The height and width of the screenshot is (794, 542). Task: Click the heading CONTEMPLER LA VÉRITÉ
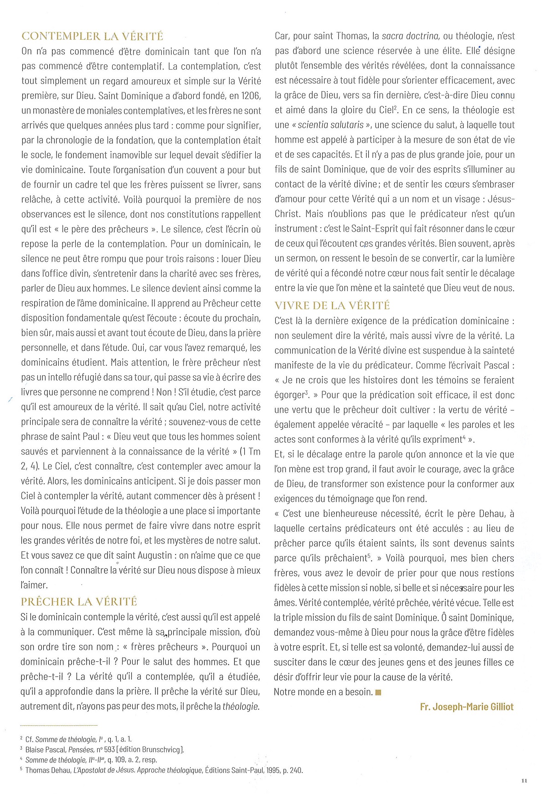pyautogui.click(x=92, y=36)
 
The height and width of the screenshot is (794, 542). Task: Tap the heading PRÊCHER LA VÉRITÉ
pyautogui.click(x=79, y=602)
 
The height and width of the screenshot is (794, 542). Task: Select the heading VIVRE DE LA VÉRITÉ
pyautogui.click(x=332, y=305)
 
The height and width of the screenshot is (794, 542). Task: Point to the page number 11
pyautogui.click(x=524, y=781)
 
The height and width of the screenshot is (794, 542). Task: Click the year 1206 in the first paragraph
pyautogui.click(x=251, y=96)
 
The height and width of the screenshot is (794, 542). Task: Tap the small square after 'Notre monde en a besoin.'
pyautogui.click(x=378, y=693)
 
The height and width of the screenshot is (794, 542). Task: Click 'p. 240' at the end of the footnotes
pyautogui.click(x=293, y=770)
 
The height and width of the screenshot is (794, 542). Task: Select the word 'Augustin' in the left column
pyautogui.click(x=156, y=556)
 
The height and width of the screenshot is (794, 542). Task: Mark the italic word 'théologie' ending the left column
pyautogui.click(x=241, y=706)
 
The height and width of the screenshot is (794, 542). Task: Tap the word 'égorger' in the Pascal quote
pyautogui.click(x=289, y=395)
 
